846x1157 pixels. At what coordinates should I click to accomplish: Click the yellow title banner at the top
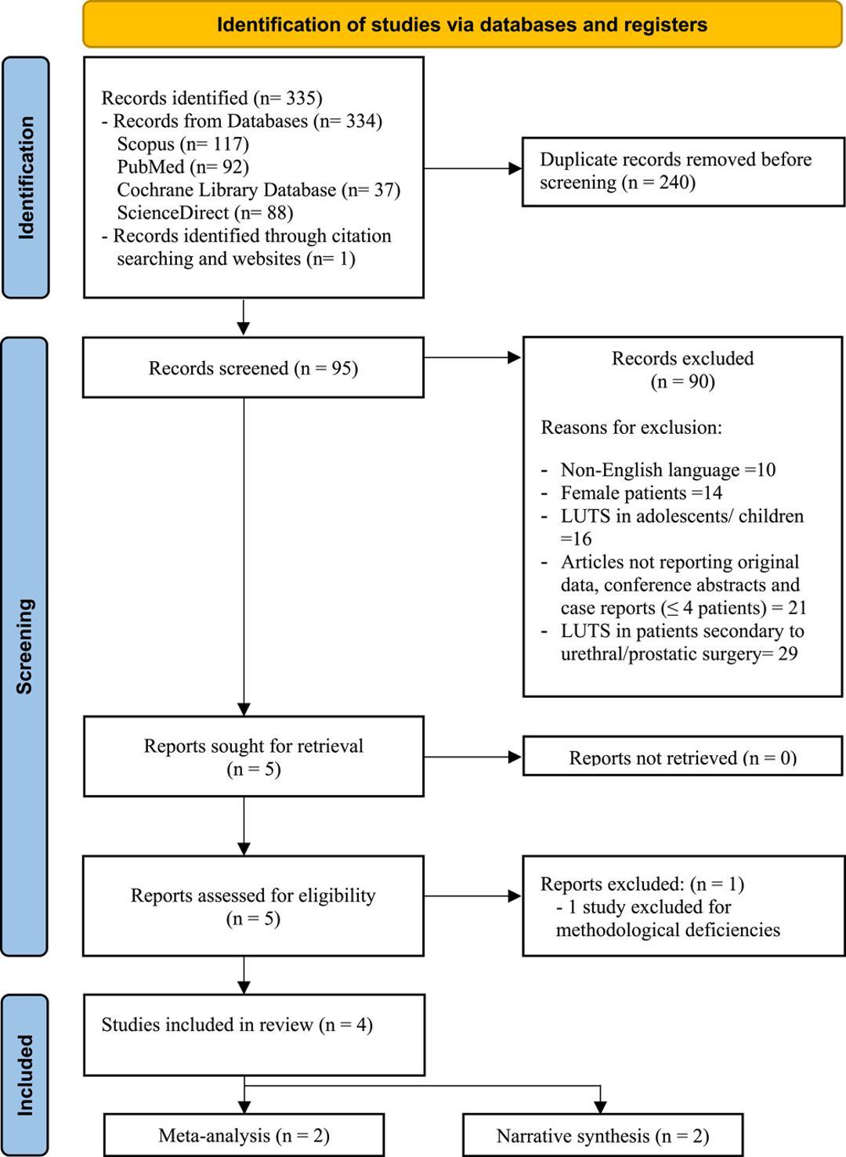pos(462,24)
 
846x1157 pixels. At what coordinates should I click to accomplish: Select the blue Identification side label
pos(26,177)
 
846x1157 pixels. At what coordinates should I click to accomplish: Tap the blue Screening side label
pos(24,646)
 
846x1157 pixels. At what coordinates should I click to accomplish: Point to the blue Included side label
pos(25,1076)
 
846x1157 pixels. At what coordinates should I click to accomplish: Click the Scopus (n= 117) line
pos(183,143)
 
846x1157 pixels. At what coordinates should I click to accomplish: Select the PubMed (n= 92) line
pos(183,166)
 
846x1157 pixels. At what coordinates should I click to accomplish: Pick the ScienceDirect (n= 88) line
pos(205,212)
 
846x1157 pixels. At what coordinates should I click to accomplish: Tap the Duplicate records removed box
pos(683,172)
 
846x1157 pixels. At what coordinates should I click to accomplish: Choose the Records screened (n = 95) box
pos(254,367)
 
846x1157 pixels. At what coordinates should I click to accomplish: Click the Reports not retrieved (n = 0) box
pos(683,756)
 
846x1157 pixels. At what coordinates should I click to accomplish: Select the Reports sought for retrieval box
pos(254,756)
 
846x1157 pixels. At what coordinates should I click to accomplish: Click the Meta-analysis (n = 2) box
pos(244,1135)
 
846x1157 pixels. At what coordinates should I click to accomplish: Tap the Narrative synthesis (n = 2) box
pos(602,1135)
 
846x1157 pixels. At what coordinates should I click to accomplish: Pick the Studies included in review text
pos(237,1025)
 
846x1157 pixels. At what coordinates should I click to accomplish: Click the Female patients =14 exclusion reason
pos(641,493)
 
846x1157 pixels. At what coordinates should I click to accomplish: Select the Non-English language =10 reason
pos(668,469)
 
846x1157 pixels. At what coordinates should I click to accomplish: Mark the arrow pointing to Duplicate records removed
pos(473,168)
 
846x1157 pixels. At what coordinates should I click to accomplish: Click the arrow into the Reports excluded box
pos(473,896)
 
